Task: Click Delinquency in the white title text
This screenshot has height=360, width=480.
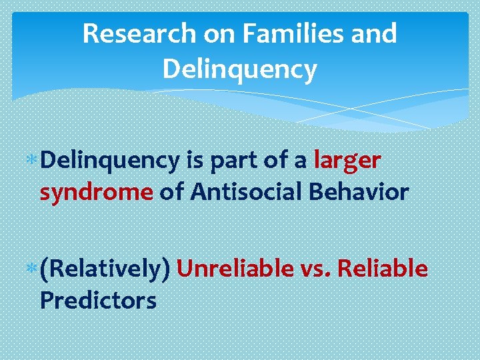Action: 239,69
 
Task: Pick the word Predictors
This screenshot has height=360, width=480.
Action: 98,300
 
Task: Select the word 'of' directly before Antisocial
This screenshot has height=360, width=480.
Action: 171,192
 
